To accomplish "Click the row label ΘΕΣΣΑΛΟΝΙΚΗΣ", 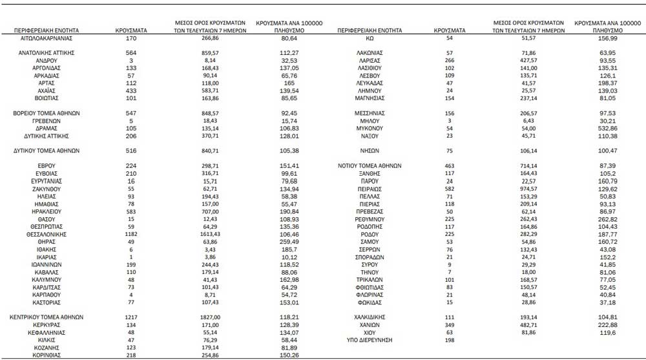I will click(46, 234).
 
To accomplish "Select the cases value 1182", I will click(130, 234).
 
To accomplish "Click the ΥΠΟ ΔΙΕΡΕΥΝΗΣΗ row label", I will click(370, 339).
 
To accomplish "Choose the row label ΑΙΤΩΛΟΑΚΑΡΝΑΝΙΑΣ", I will click(46, 38).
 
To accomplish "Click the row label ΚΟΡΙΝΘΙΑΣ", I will click(46, 355).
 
